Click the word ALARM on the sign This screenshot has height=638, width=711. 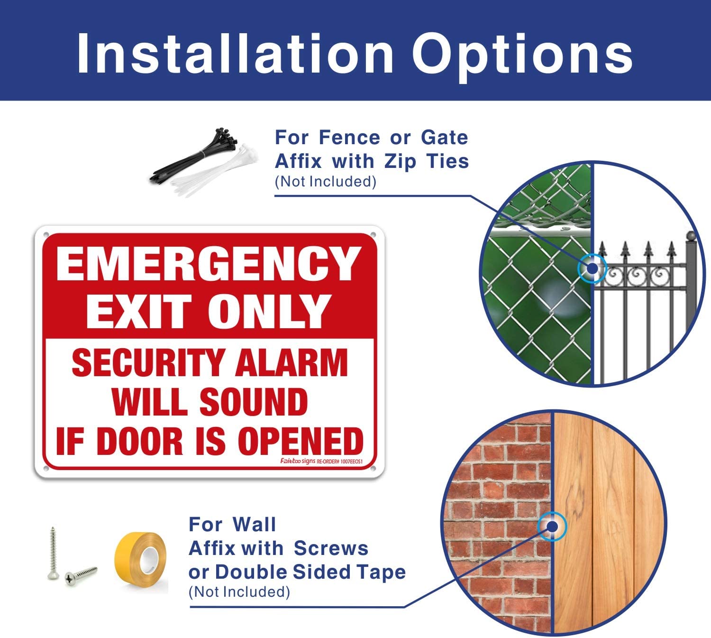[x=292, y=363]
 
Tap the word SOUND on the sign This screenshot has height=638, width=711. [x=254, y=402]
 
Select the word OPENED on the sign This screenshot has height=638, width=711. [x=301, y=441]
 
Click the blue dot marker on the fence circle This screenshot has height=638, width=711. [x=592, y=268]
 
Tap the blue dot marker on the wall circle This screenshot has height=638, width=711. [x=552, y=526]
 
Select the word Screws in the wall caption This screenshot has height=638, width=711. [x=331, y=548]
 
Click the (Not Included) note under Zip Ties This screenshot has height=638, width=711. [x=325, y=181]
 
